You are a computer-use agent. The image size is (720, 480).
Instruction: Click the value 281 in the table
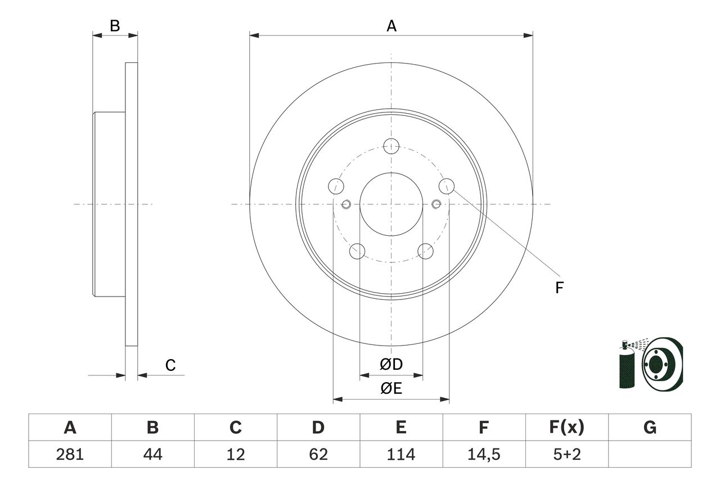coord(70,454)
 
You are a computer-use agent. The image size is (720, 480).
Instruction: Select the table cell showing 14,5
coord(484,454)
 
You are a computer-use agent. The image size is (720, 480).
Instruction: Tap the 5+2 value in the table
coord(567,454)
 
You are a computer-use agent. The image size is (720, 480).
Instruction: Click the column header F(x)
coord(567,428)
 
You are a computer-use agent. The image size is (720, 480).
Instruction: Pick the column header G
coord(650,428)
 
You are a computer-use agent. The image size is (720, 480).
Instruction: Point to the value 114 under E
coord(401,454)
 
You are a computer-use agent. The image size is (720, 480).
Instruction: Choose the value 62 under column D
coord(318,454)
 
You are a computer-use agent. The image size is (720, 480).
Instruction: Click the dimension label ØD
coord(391,365)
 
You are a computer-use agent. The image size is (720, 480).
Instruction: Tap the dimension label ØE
coord(391,389)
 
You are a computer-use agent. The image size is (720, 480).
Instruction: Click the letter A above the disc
coord(391,26)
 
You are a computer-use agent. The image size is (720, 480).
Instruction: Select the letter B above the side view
coord(115,26)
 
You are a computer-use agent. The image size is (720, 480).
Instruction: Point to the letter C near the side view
coord(170,365)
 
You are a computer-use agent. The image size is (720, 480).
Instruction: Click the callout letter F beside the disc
coord(559,288)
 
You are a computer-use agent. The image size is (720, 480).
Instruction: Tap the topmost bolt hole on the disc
coord(391,146)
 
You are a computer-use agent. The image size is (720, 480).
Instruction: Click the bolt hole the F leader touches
coord(447,185)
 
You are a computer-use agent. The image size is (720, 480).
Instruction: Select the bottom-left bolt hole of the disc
coord(357,251)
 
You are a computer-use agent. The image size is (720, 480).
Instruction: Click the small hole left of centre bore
coord(346,204)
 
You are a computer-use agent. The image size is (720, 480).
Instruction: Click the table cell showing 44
coord(152,454)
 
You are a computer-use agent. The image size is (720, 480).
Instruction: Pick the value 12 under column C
coord(235,454)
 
